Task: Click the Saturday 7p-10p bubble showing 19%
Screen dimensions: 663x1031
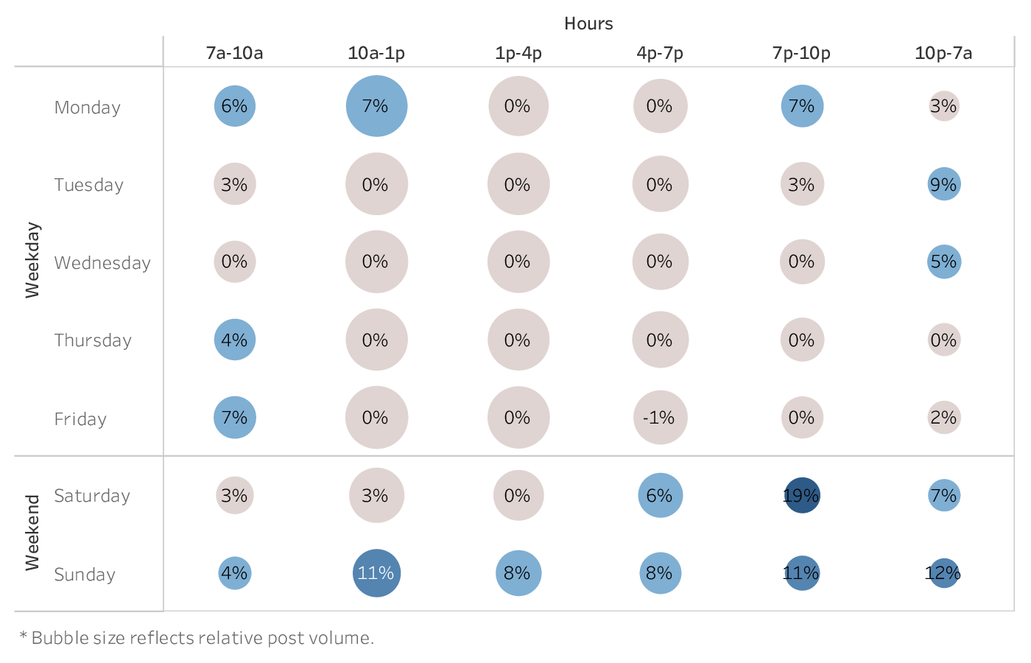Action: [x=802, y=496]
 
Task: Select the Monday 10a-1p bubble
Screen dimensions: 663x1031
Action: [x=376, y=106]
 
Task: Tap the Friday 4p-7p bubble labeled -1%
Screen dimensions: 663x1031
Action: [x=660, y=418]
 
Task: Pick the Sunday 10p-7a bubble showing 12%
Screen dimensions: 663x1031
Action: [x=944, y=573]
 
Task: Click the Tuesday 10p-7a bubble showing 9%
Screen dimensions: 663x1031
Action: [x=944, y=184]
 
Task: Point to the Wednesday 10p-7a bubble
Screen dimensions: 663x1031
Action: [x=944, y=262]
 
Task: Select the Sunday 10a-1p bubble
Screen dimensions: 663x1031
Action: [x=376, y=573]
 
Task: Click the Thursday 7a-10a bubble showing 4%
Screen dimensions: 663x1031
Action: [x=235, y=340]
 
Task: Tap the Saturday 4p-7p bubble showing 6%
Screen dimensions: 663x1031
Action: [x=660, y=496]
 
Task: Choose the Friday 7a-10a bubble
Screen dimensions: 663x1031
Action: [x=235, y=418]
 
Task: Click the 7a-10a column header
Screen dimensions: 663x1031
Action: [x=235, y=53]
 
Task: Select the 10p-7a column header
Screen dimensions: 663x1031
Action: [x=943, y=53]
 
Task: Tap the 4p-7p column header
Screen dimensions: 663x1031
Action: [x=660, y=53]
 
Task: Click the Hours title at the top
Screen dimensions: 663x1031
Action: [x=588, y=24]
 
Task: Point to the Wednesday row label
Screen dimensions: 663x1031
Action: [x=102, y=263]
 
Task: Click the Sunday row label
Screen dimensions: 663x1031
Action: [x=85, y=575]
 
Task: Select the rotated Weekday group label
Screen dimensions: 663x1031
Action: [x=32, y=260]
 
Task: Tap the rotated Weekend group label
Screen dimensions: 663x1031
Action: [x=32, y=533]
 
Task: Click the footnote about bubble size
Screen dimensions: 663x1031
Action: [x=197, y=638]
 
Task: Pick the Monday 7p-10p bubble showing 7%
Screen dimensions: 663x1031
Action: [x=802, y=106]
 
